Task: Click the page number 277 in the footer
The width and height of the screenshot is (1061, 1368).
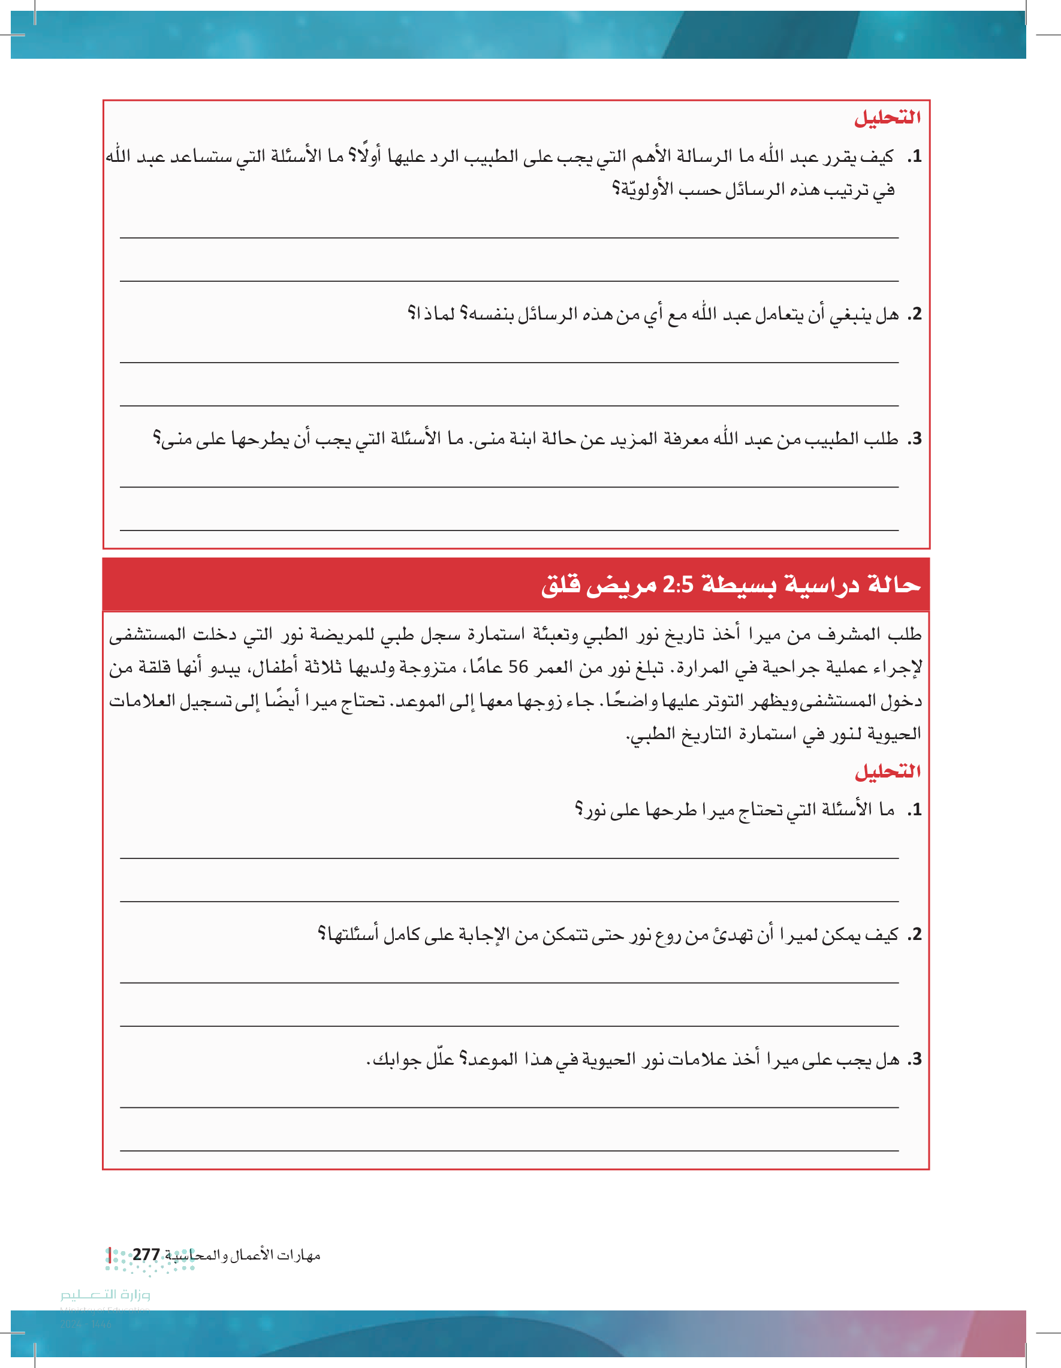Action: point(146,1255)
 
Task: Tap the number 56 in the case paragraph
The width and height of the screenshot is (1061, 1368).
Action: point(518,667)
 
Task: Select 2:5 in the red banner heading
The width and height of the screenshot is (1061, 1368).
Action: point(678,585)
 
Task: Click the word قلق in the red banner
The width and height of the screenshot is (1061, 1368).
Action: point(560,585)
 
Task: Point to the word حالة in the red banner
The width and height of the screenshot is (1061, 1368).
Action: point(894,585)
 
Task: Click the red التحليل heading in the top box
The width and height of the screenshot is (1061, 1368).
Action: point(888,117)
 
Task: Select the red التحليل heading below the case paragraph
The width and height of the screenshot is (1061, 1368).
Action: point(888,772)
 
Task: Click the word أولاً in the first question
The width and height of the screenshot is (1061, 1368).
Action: point(369,155)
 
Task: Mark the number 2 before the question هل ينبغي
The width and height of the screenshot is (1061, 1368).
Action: point(917,314)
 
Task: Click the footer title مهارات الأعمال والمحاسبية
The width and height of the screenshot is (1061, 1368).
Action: point(243,1255)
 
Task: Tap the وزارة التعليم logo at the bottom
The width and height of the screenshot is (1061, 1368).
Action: point(106,1295)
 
